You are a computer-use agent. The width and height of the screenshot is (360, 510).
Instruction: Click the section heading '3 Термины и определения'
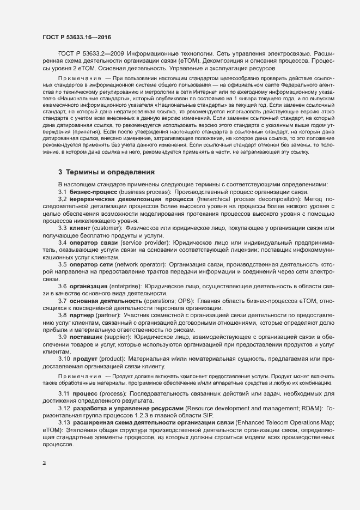pyautogui.click(x=107, y=172)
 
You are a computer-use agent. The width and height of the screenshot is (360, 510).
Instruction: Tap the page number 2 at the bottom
pyautogui.click(x=44, y=464)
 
